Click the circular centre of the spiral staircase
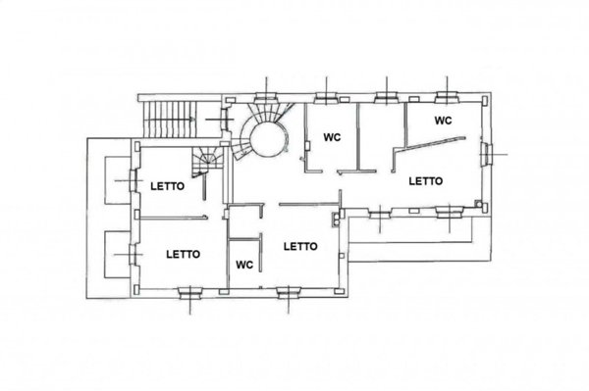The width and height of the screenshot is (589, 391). click(268, 139)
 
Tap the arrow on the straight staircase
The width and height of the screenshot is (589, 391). click(170, 120)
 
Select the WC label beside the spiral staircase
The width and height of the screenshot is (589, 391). click(332, 137)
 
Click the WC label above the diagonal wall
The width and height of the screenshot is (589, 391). click(444, 121)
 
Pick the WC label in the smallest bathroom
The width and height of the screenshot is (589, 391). click(244, 265)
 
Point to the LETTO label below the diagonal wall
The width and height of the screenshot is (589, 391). click(426, 181)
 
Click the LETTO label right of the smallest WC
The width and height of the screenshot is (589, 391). click(300, 247)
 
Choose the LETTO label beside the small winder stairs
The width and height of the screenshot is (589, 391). click(168, 186)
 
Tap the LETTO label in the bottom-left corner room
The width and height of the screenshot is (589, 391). click(184, 255)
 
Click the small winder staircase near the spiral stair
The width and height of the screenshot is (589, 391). click(206, 161)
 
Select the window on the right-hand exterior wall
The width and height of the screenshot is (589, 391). click(487, 154)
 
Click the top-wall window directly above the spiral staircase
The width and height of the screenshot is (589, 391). click(266, 97)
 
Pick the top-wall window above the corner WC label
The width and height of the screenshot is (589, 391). click(447, 97)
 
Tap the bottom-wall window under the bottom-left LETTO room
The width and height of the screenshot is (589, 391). click(190, 293)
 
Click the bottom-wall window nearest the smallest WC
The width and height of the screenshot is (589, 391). click(288, 293)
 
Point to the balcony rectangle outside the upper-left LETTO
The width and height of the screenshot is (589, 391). click(118, 180)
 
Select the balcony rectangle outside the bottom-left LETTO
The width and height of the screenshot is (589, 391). click(118, 255)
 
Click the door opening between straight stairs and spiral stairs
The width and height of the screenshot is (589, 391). click(226, 120)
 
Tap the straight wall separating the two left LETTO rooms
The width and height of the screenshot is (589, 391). click(173, 217)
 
